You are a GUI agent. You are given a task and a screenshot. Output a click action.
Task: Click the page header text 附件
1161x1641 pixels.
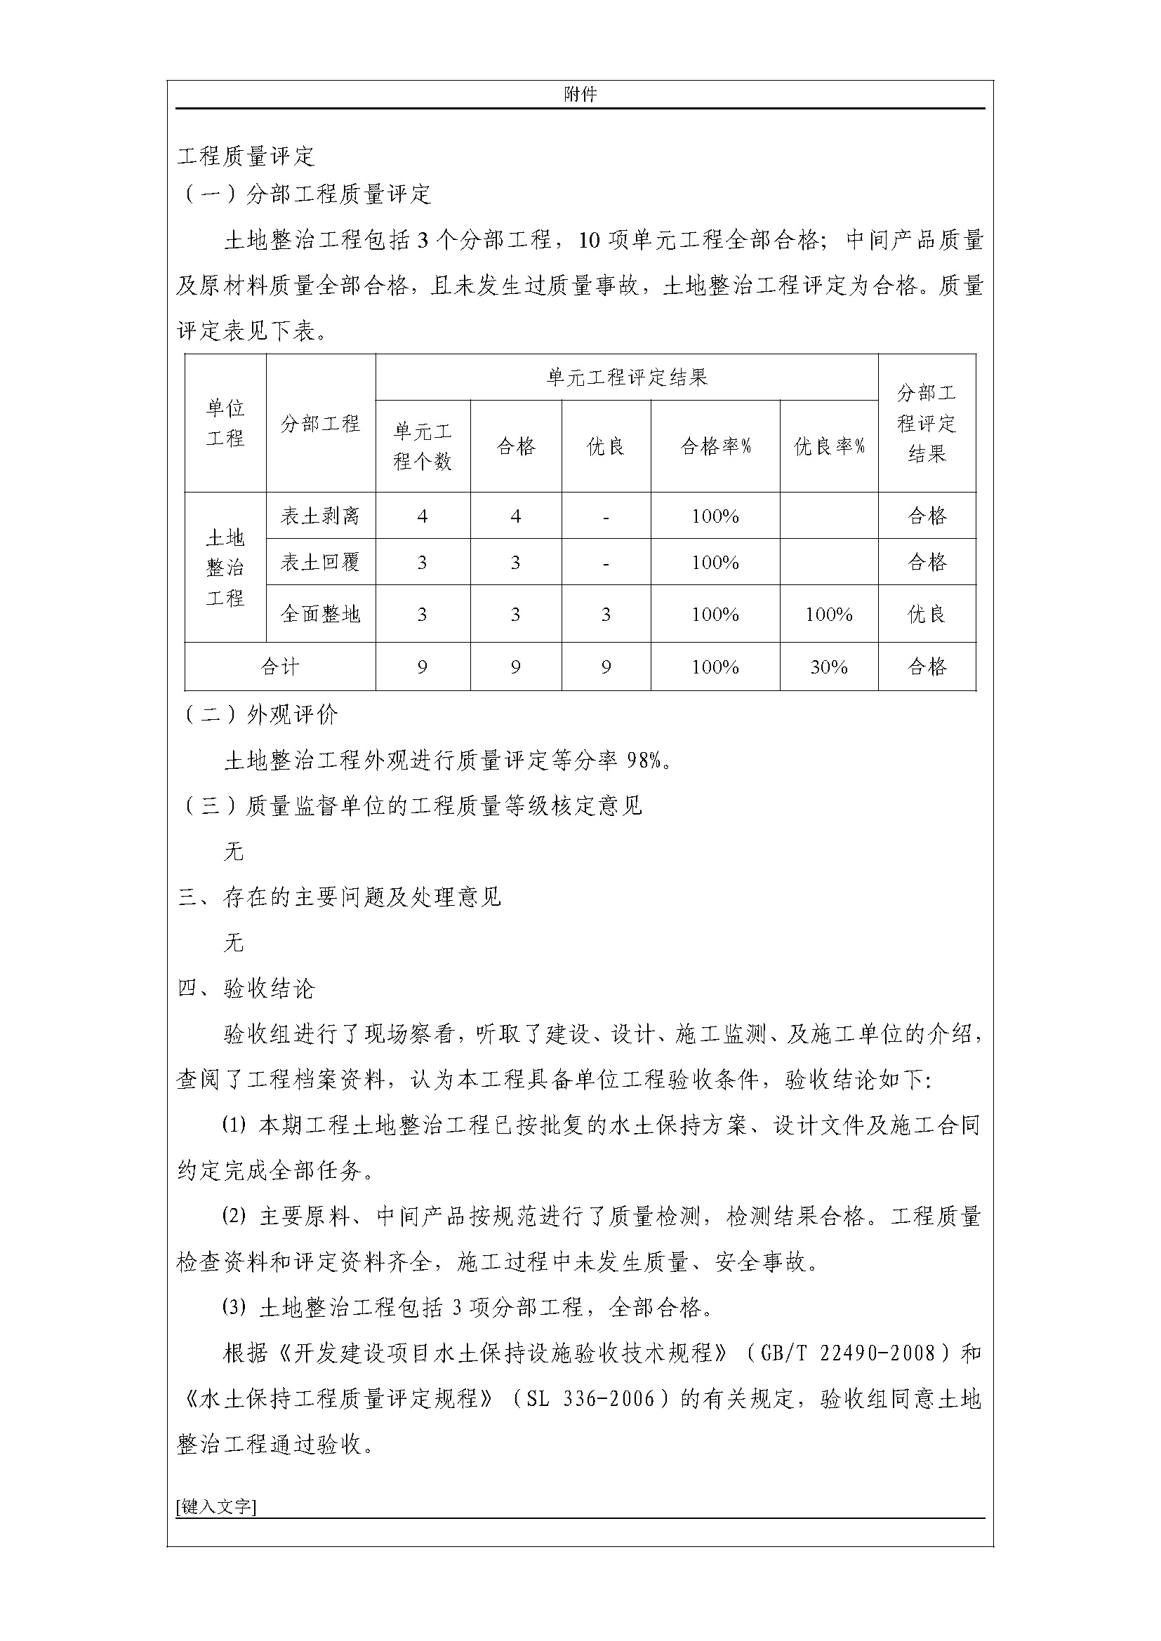pyautogui.click(x=580, y=94)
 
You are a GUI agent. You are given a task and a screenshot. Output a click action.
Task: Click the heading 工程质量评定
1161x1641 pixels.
pyautogui.click(x=246, y=156)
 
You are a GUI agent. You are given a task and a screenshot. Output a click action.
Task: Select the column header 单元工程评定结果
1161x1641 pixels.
pyautogui.click(x=626, y=377)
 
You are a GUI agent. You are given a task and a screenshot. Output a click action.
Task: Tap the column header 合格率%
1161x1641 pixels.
pyautogui.click(x=715, y=447)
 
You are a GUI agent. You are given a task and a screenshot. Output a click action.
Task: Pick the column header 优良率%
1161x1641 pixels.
pyautogui.click(x=828, y=447)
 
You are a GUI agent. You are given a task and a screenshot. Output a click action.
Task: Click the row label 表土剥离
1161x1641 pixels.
pyautogui.click(x=320, y=516)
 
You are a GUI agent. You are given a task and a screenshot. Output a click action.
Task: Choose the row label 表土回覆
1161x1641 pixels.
pyautogui.click(x=320, y=562)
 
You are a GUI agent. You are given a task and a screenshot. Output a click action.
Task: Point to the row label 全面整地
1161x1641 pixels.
pyautogui.click(x=320, y=614)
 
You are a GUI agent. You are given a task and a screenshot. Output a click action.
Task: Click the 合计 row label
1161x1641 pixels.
pyautogui.click(x=279, y=667)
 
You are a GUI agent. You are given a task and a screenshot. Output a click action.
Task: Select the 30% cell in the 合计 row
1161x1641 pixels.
pyautogui.click(x=828, y=667)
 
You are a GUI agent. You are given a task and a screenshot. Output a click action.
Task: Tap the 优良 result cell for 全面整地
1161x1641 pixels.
pyautogui.click(x=927, y=614)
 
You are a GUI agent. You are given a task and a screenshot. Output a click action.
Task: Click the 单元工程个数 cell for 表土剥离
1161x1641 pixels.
pyautogui.click(x=423, y=516)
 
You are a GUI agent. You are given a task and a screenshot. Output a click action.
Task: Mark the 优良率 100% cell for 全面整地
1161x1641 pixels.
pyautogui.click(x=828, y=614)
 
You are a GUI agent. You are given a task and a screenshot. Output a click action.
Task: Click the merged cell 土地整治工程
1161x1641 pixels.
pyautogui.click(x=225, y=568)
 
